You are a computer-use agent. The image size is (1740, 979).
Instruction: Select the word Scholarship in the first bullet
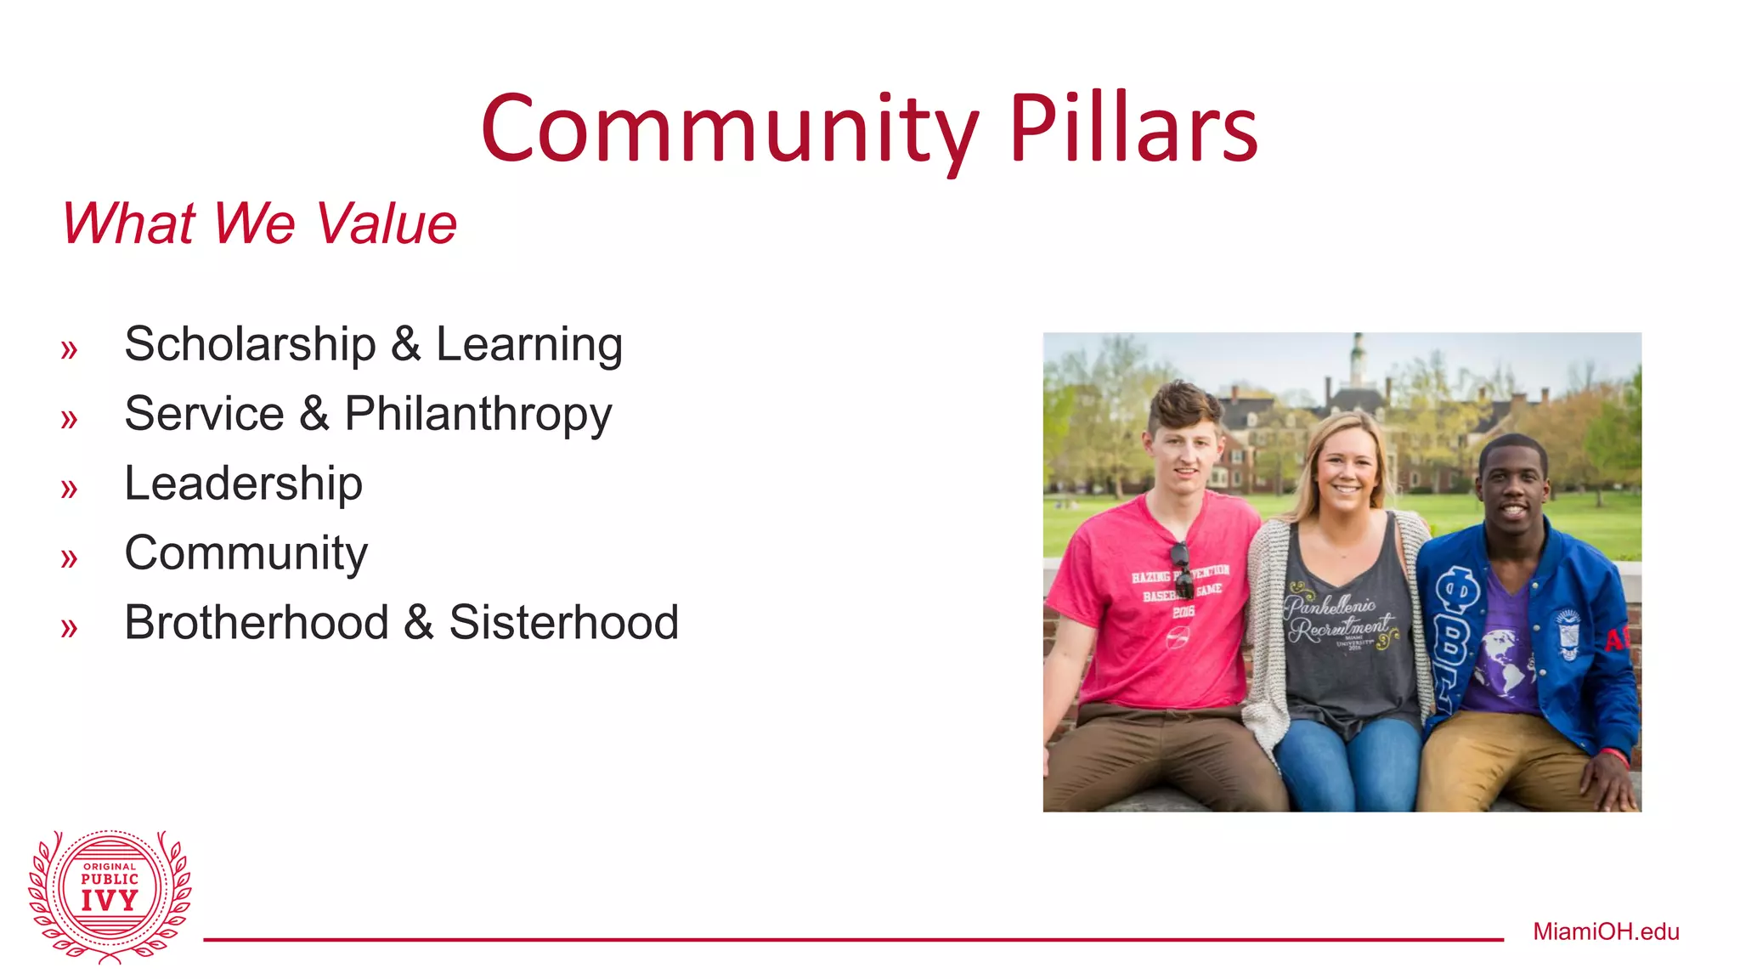click(250, 345)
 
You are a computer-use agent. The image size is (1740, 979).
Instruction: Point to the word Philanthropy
click(477, 415)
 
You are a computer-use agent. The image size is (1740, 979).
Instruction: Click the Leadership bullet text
click(243, 484)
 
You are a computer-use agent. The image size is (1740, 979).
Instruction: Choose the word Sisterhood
click(563, 622)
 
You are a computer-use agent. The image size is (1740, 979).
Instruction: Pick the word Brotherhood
click(257, 622)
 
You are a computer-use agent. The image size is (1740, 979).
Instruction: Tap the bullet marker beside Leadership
click(69, 489)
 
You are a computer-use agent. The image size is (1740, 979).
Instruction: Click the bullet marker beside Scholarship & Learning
click(69, 349)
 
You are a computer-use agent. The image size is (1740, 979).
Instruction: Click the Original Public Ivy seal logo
click(110, 895)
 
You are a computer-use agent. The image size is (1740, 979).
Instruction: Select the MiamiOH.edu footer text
click(1606, 931)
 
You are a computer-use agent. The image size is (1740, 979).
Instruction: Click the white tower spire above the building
click(1358, 353)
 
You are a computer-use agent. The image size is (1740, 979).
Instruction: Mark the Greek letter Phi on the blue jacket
click(1458, 589)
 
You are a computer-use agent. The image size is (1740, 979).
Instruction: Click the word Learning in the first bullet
click(528, 345)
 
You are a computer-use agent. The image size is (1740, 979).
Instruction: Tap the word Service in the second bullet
click(204, 415)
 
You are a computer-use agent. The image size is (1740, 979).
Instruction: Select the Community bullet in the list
click(246, 553)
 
